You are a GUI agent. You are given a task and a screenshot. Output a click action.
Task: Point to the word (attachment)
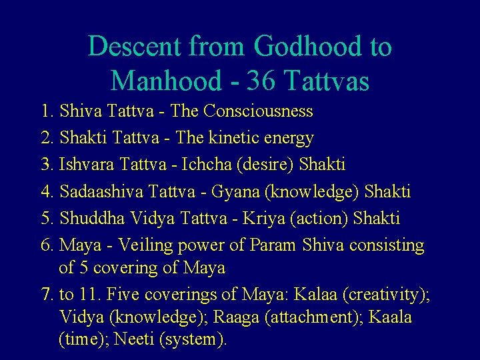click(x=313, y=317)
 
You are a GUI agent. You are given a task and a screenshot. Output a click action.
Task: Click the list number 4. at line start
click(x=47, y=192)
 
